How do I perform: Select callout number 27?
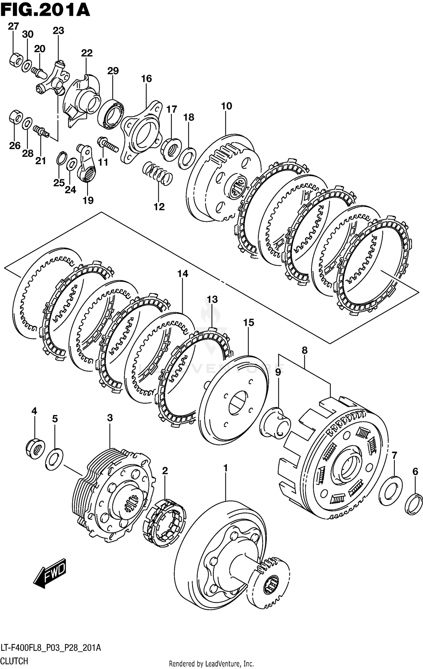point(13,27)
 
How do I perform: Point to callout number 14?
point(182,273)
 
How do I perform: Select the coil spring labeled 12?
point(157,173)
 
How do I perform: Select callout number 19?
point(88,200)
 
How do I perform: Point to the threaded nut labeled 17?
point(171,149)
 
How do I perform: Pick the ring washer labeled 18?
point(187,158)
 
